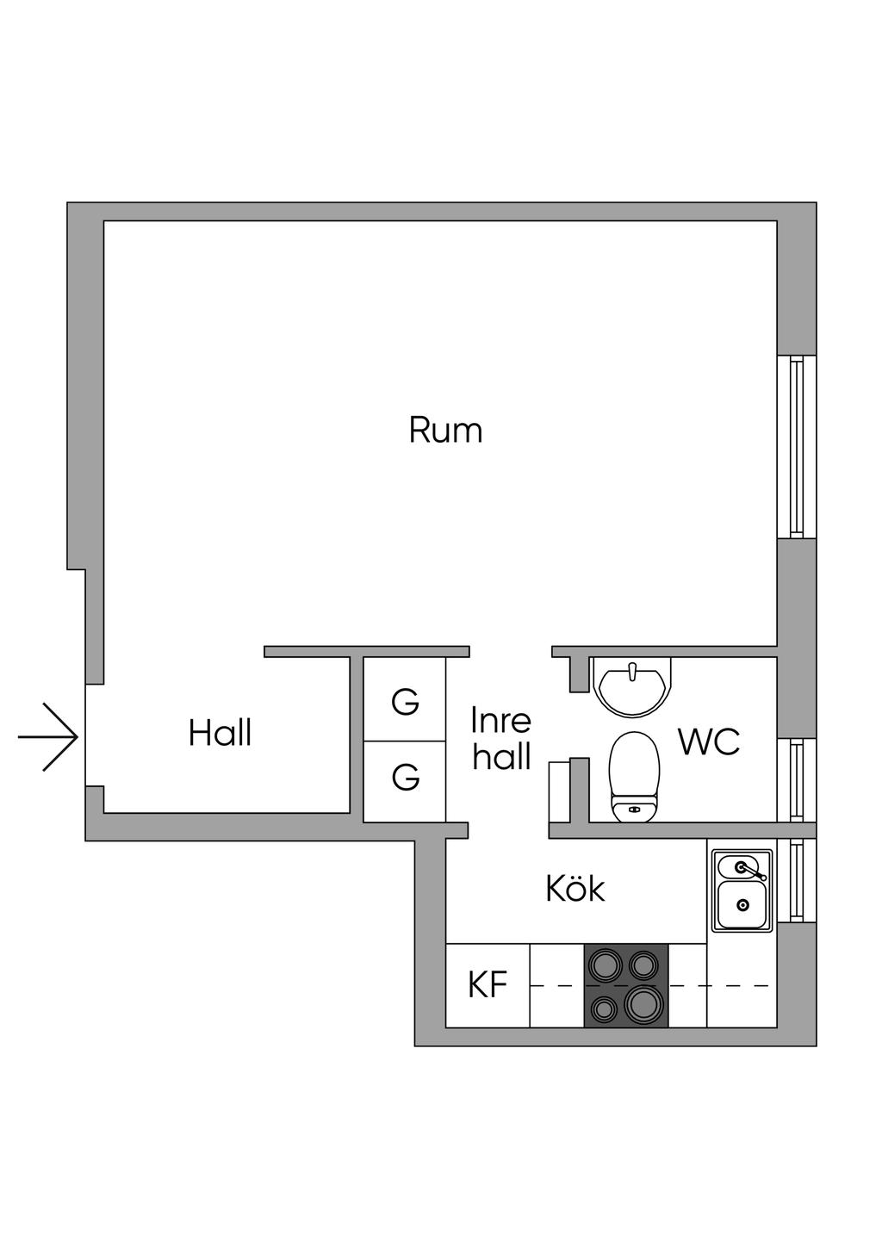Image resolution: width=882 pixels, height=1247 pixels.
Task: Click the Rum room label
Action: point(445,430)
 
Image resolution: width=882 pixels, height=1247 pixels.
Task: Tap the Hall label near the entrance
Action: point(220,733)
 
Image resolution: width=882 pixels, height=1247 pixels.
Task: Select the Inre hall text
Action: point(501,738)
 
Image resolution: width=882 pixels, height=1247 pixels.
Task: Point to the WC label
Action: point(709,741)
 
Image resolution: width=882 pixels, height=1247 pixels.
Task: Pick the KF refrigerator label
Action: point(488,985)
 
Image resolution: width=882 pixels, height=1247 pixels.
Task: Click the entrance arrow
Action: point(47,738)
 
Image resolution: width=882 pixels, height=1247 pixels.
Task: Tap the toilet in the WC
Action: point(635,777)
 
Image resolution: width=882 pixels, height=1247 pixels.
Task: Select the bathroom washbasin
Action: point(631,686)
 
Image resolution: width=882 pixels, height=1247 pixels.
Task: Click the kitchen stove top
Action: point(626,985)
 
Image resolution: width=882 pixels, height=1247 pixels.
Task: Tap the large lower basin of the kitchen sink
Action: point(742,905)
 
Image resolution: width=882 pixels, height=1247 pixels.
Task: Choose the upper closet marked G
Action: point(404,698)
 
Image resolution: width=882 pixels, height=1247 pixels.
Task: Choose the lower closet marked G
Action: point(404,781)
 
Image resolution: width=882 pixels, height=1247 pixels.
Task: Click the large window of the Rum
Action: point(797,446)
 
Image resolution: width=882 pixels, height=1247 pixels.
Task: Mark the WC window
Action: point(797,780)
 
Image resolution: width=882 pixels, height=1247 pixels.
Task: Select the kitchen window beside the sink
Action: point(797,880)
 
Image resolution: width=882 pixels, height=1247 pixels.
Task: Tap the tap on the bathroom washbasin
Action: point(631,671)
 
